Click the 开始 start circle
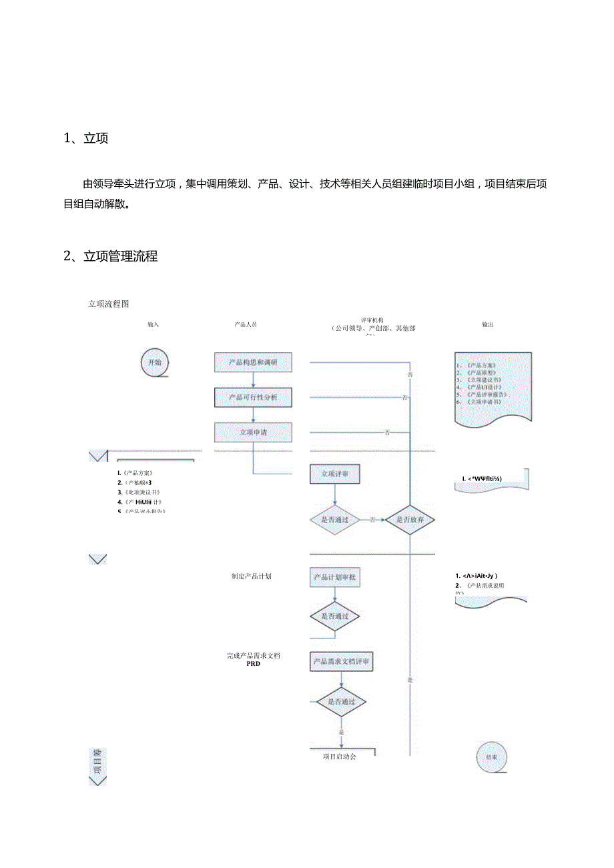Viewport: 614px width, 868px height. (x=154, y=362)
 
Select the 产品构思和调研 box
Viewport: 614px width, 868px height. (x=253, y=362)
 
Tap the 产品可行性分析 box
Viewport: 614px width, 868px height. (x=253, y=398)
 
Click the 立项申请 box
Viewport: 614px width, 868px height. (x=253, y=432)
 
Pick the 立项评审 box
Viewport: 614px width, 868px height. (x=335, y=474)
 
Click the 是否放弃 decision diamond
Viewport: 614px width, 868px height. (x=410, y=519)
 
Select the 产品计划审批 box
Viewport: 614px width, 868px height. (x=335, y=577)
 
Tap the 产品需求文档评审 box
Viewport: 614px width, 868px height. (x=342, y=662)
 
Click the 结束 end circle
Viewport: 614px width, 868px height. (x=491, y=757)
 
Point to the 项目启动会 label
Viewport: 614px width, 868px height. (x=339, y=757)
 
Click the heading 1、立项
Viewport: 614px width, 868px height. (x=86, y=138)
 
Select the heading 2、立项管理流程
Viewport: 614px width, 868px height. (x=111, y=256)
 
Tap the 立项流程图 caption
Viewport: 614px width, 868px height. (x=109, y=304)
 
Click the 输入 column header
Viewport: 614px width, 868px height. (x=153, y=324)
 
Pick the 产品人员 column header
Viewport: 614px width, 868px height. (x=246, y=324)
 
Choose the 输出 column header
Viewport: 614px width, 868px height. (x=488, y=325)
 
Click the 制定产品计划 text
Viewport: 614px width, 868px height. (x=252, y=576)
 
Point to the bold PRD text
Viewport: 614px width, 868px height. (x=253, y=664)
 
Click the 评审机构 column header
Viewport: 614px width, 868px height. (x=372, y=320)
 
